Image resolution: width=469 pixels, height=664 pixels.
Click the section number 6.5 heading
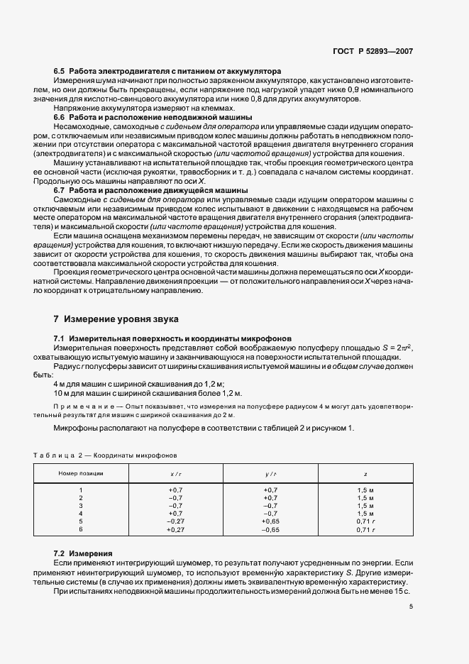point(60,72)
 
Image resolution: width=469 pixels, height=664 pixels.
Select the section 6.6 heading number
point(60,116)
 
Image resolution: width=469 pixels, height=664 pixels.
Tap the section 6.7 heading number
point(60,190)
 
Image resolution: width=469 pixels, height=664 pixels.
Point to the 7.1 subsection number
point(60,338)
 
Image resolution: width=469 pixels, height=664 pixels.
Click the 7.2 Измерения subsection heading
point(82,552)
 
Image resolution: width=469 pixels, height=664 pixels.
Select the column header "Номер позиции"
point(81,472)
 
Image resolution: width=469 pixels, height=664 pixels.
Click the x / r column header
point(176,472)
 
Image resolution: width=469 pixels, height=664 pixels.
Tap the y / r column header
point(270,472)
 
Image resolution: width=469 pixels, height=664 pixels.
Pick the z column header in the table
point(365,472)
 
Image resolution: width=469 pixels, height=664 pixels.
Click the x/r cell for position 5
point(176,521)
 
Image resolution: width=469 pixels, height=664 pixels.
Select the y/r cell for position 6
point(270,529)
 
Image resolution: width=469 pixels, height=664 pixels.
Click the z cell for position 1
point(365,490)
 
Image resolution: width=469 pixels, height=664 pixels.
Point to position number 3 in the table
point(81,506)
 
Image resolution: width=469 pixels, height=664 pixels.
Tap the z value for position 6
point(365,529)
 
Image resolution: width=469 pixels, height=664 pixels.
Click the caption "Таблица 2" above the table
point(58,454)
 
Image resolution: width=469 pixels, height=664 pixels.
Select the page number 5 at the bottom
point(412,606)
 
